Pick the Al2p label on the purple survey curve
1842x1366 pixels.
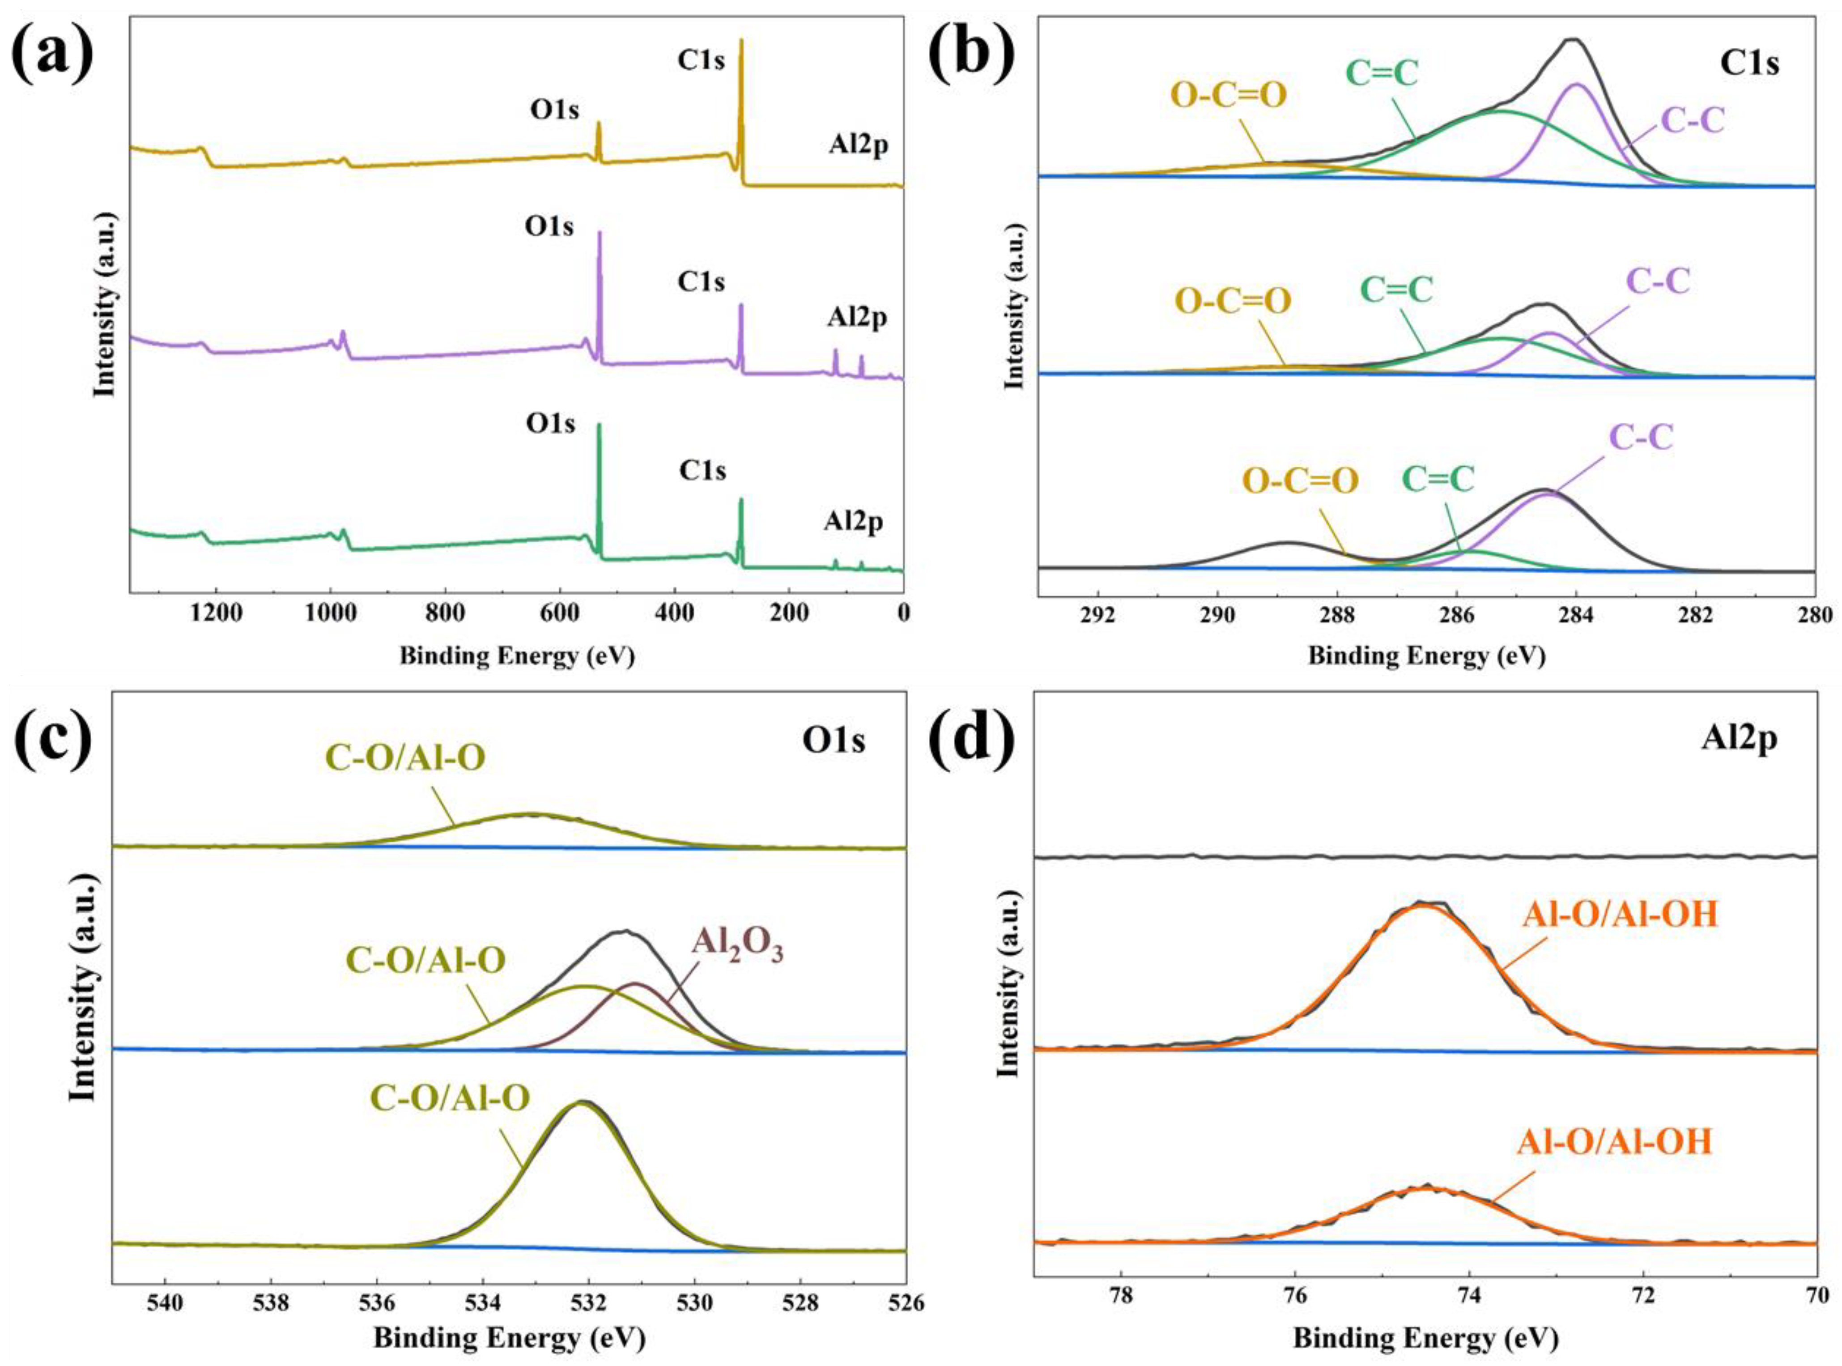point(857,319)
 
